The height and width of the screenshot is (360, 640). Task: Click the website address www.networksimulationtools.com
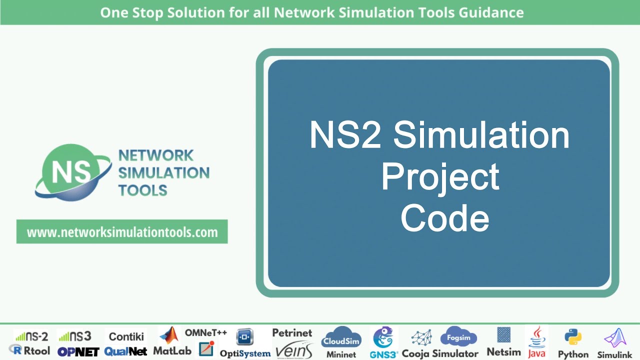pos(122,232)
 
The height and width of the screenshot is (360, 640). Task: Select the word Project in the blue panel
pos(440,176)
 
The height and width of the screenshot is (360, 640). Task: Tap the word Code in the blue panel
pos(444,218)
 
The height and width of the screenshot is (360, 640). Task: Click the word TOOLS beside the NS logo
pos(142,190)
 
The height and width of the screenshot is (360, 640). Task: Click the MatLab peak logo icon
pos(168,335)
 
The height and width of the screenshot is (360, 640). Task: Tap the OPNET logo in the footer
pos(78,351)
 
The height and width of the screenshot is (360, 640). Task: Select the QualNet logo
pos(125,351)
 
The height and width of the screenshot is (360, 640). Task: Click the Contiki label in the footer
pos(126,336)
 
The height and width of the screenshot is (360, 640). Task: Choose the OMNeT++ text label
pos(206,332)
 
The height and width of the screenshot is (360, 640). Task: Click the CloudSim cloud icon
pos(341,338)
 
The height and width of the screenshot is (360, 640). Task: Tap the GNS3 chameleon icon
pos(383,337)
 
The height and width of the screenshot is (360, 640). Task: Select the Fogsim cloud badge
pos(458,337)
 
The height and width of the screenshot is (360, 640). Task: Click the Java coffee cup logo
pos(537,336)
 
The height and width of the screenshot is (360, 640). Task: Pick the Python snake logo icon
pos(572,337)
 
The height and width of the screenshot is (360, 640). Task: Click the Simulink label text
pos(615,354)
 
